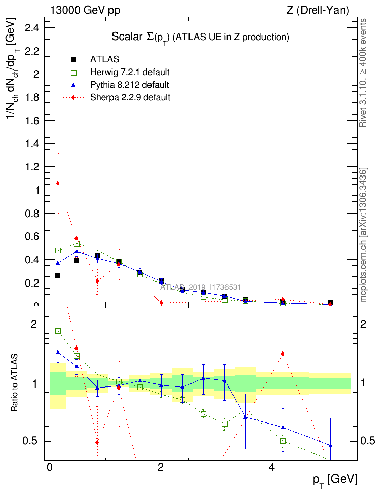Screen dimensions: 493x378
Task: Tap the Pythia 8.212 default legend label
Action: click(130, 84)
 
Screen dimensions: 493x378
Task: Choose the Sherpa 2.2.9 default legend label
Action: click(130, 97)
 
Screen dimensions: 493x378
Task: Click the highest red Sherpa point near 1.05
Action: click(58, 183)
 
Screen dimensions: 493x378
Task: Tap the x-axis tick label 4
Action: click(272, 467)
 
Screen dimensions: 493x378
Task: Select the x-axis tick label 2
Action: click(161, 467)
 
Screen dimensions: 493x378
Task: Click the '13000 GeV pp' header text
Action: click(85, 10)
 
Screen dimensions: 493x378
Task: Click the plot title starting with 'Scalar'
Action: click(200, 37)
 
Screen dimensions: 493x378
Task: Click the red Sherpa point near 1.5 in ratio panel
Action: click(283, 354)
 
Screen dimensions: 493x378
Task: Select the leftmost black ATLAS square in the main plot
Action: click(58, 276)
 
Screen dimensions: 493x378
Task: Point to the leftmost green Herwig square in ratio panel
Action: click(58, 331)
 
